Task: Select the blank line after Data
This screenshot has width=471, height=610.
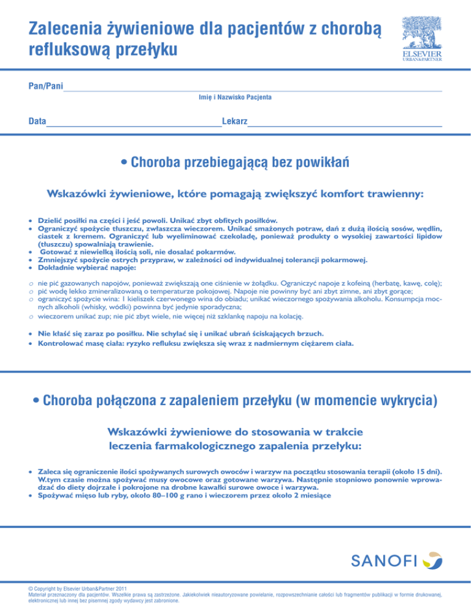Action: tap(134, 125)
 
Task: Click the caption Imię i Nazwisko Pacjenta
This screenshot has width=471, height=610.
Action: tap(236, 98)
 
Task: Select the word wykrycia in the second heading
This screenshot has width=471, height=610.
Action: tap(401, 402)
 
